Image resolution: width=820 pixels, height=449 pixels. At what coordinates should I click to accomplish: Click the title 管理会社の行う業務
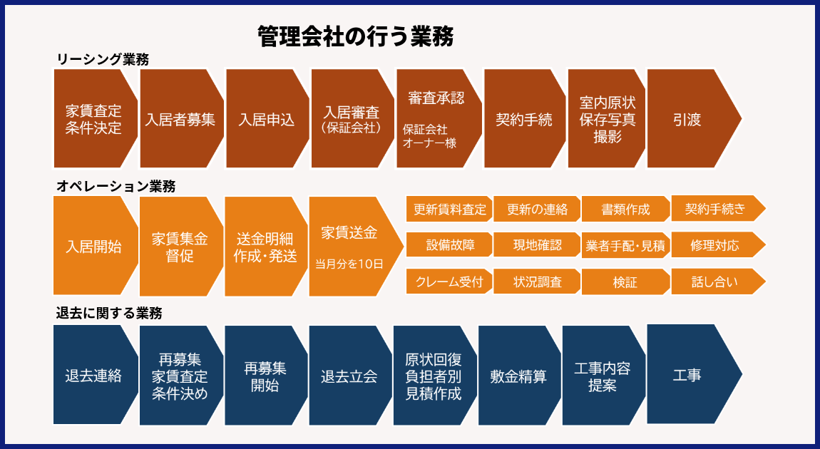click(x=355, y=36)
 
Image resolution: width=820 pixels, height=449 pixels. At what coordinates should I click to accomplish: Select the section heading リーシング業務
click(x=103, y=60)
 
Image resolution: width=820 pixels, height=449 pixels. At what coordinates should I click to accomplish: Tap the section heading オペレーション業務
click(x=116, y=187)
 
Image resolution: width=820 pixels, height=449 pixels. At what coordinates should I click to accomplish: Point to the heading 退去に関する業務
click(x=109, y=313)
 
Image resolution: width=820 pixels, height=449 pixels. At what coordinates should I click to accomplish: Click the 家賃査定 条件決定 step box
click(x=93, y=120)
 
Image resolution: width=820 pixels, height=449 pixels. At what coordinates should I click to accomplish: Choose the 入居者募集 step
click(x=180, y=120)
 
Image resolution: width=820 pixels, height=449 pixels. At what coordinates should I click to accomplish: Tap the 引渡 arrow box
click(x=687, y=120)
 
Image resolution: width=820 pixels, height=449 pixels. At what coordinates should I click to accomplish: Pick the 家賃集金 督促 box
click(x=180, y=247)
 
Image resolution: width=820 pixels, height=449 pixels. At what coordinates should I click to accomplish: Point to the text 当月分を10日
click(x=349, y=264)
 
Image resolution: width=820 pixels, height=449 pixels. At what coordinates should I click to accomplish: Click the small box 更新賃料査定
click(x=449, y=210)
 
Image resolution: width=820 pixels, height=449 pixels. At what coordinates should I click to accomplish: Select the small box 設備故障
click(x=449, y=245)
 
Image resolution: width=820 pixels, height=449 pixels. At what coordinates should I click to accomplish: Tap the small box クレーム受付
click(x=449, y=282)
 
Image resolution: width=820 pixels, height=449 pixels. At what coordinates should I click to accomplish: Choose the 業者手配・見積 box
click(x=625, y=246)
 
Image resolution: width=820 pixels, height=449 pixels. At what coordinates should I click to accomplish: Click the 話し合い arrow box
click(x=714, y=282)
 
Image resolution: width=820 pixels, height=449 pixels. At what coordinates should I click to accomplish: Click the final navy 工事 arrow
click(x=687, y=374)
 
